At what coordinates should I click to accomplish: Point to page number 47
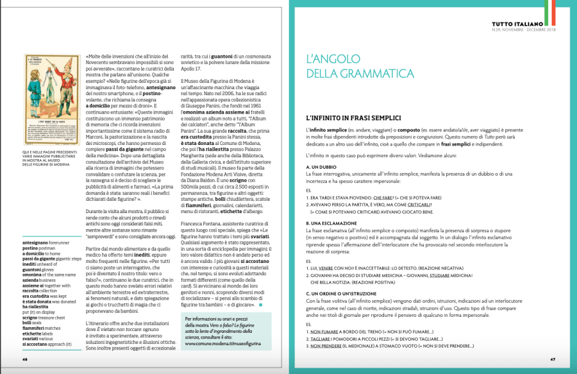click(x=552, y=359)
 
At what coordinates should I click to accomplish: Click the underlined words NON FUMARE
click(x=323, y=332)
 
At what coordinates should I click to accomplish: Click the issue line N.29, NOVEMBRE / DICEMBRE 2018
click(x=527, y=29)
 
